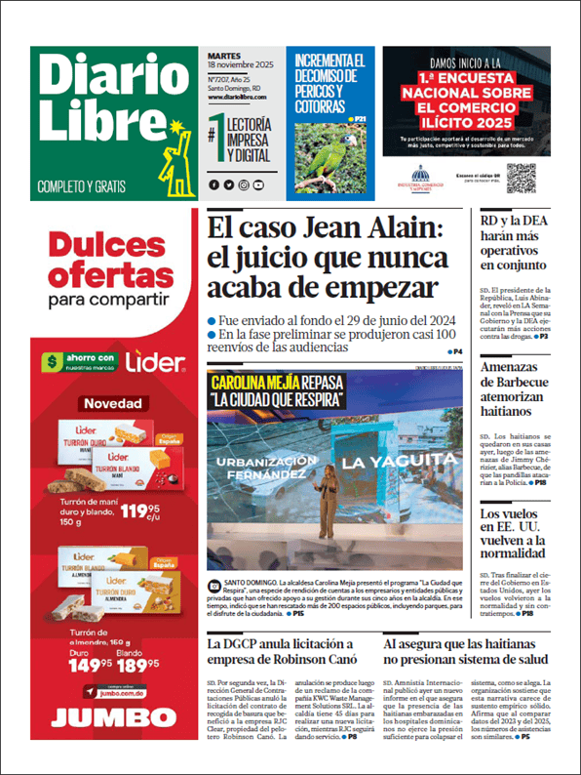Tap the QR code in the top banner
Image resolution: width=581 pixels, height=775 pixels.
coord(521,177)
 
